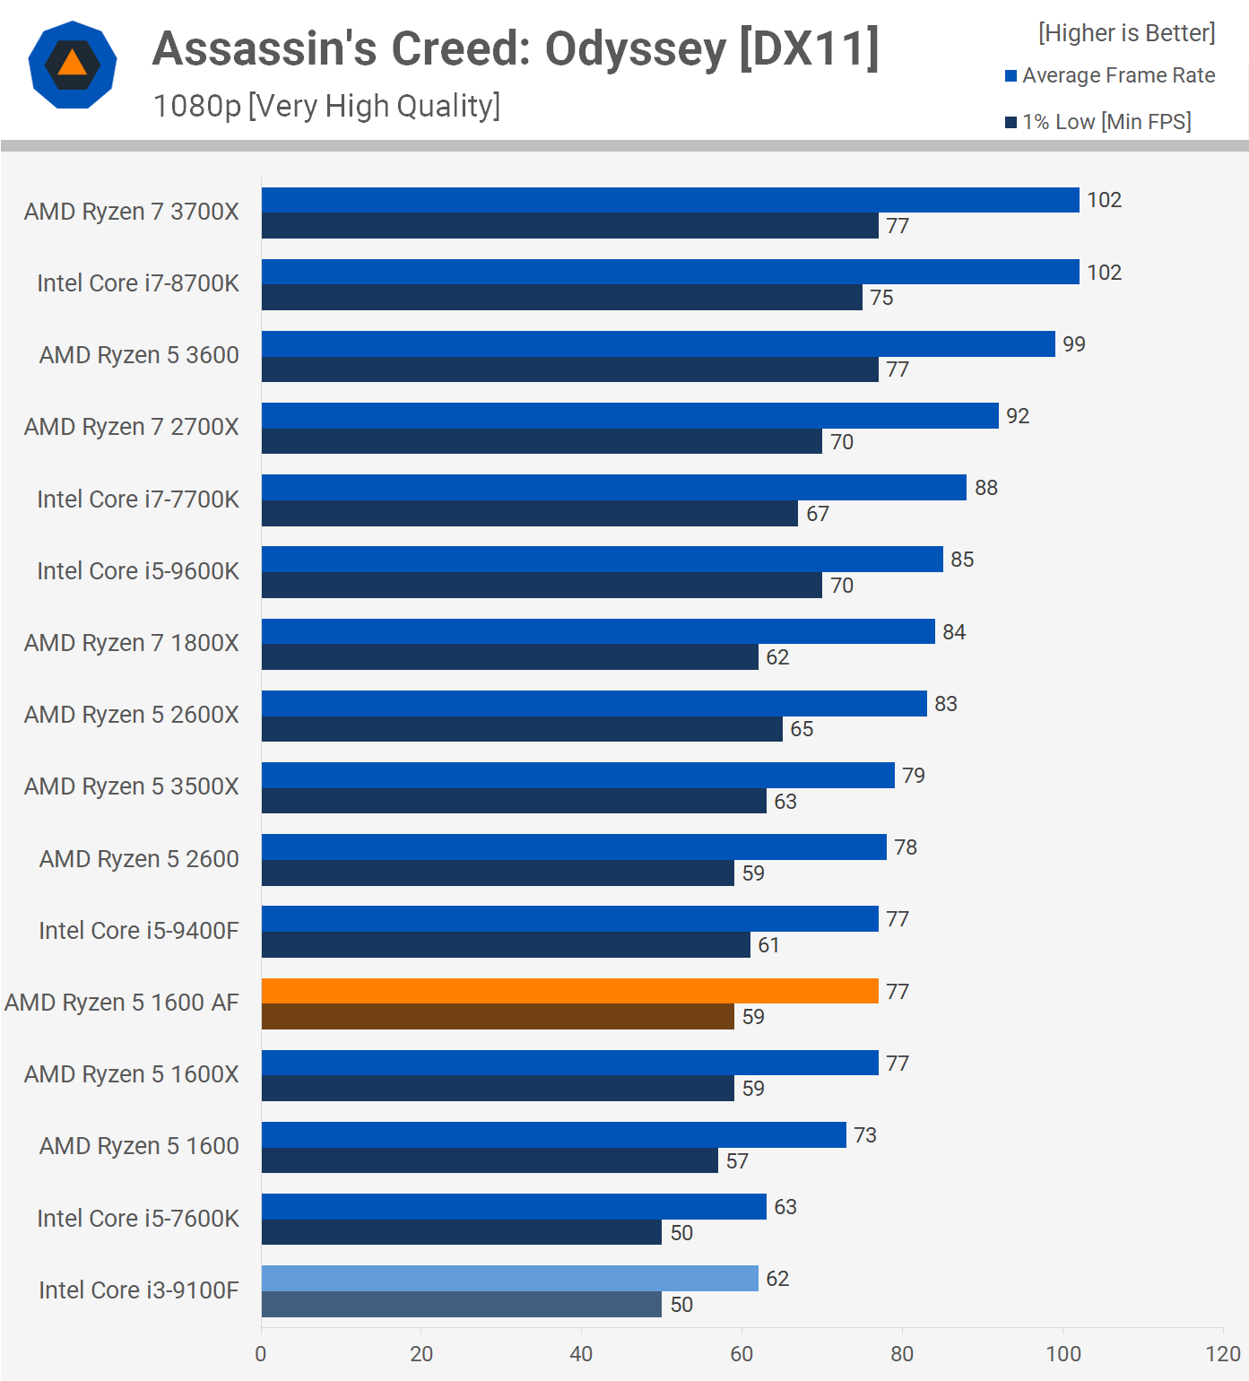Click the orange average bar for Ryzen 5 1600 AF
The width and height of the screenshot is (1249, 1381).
(569, 991)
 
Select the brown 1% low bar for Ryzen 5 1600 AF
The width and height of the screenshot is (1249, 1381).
(498, 1016)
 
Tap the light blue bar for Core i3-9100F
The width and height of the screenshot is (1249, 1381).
(509, 1278)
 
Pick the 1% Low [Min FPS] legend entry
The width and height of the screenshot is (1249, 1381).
(1098, 122)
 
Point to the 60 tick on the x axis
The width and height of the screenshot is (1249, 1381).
(742, 1353)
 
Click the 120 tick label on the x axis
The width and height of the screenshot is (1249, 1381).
(1223, 1353)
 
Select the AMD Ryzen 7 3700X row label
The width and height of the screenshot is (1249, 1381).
(132, 212)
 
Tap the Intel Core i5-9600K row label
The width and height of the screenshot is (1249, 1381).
(138, 571)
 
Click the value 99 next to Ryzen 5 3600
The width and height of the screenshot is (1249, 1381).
(1073, 344)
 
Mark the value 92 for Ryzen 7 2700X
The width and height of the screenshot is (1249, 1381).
(1018, 416)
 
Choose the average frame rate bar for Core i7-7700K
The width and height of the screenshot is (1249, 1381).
(614, 487)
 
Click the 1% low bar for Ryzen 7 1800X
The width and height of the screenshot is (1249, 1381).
(509, 657)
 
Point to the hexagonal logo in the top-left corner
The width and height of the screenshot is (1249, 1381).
(73, 65)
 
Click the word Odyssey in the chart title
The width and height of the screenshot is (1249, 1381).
(635, 49)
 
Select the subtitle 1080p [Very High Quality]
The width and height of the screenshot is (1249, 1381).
(326, 106)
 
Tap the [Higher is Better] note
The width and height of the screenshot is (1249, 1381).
(1126, 33)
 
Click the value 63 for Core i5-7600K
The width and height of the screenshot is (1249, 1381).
(785, 1207)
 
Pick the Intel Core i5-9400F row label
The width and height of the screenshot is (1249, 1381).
(139, 931)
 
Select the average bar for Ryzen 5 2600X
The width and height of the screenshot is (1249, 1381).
(594, 703)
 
